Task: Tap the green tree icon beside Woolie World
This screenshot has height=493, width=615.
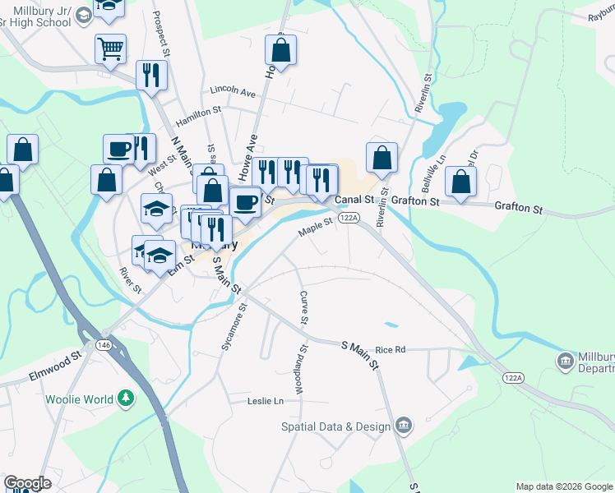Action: pyautogui.click(x=126, y=399)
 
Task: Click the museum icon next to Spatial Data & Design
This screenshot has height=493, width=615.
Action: pyautogui.click(x=403, y=425)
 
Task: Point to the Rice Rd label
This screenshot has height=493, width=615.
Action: pyautogui.click(x=391, y=349)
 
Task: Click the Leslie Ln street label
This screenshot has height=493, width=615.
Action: pyautogui.click(x=265, y=401)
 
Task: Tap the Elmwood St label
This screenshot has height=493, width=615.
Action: pyautogui.click(x=56, y=357)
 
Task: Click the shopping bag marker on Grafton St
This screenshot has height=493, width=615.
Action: pyautogui.click(x=461, y=182)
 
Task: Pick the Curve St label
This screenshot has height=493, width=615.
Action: pyautogui.click(x=304, y=307)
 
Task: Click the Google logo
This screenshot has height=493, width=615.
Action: pyautogui.click(x=27, y=483)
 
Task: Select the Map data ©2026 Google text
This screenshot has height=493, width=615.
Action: pyautogui.click(x=564, y=486)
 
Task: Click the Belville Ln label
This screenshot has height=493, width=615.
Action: pyautogui.click(x=440, y=160)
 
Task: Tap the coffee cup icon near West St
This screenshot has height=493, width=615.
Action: pyautogui.click(x=119, y=149)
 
